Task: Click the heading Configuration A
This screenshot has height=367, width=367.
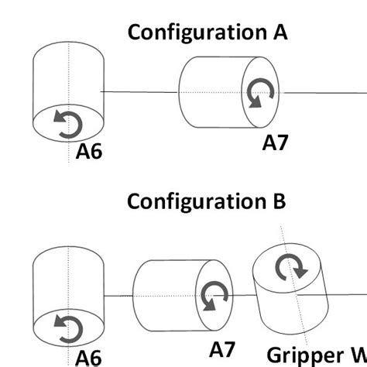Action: [207, 33]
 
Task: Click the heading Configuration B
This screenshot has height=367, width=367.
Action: [207, 201]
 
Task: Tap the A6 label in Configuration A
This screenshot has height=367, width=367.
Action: [89, 153]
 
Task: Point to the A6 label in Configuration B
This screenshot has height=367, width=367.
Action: [89, 357]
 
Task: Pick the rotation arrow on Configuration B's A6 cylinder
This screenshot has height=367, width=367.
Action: [68, 328]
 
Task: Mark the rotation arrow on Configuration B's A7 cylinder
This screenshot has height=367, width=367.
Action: [212, 297]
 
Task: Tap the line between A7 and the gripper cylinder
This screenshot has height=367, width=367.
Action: [244, 296]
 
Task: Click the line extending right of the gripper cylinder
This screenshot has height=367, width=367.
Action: [348, 295]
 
